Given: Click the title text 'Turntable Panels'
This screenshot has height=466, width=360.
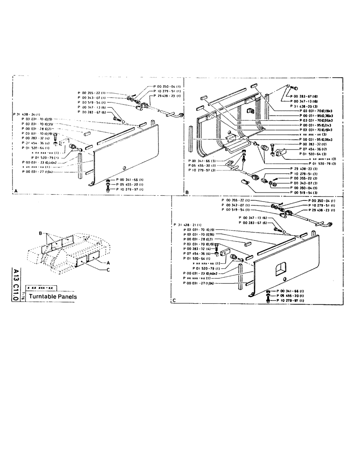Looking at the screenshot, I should click(53, 296).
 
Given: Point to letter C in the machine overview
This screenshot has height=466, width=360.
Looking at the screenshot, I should click(108, 269).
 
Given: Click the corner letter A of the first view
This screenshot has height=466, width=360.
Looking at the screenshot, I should click(17, 192).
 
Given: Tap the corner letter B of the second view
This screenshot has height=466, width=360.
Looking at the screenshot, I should click(187, 192).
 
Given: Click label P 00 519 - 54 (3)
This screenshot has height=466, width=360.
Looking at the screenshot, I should click(304, 192).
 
